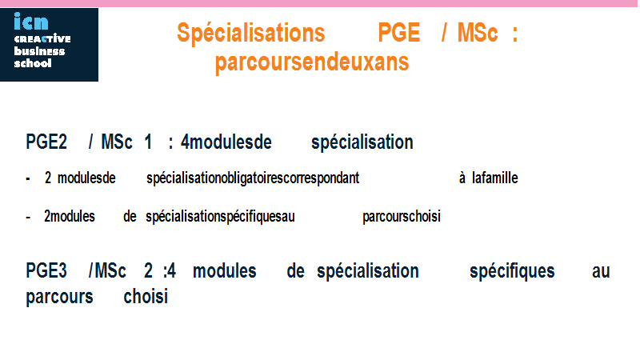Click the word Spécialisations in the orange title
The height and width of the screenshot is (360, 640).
point(250,34)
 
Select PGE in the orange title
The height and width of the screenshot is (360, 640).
point(398,33)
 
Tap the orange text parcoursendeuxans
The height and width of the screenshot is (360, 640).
point(312,62)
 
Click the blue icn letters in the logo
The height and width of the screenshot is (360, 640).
point(31,22)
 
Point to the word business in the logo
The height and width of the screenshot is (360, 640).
point(39,51)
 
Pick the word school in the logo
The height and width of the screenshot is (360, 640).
point(33,63)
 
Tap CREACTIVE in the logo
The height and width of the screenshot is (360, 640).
point(42,38)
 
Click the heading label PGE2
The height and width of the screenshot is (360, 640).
point(46,142)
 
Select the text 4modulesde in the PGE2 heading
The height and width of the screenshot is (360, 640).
point(226,142)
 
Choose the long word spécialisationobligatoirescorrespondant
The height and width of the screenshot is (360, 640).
point(253,178)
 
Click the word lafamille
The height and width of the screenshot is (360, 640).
point(494,178)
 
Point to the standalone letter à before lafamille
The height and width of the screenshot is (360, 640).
point(462,178)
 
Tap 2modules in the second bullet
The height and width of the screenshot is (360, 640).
point(70,216)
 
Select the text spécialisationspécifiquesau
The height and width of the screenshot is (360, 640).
point(220,217)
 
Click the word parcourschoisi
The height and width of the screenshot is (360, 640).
point(402,217)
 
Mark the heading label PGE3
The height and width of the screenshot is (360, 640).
point(46,271)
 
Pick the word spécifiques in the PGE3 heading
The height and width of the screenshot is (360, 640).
point(512,271)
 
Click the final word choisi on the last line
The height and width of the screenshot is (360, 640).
point(146,297)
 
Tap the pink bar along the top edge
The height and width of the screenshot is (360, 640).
point(320,3)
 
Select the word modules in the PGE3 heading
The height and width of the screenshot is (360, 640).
point(225,271)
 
